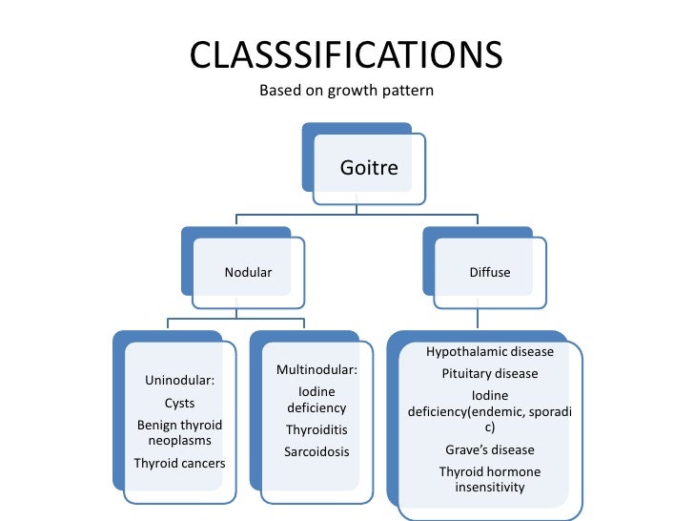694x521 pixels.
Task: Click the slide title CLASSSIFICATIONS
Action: coord(346,55)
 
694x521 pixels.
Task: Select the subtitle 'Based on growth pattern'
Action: coord(346,93)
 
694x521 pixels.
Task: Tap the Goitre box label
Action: coord(369,169)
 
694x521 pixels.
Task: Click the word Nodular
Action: coord(248,273)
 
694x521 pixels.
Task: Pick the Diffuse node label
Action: coord(490,273)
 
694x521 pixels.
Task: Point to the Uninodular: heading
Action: coord(179,382)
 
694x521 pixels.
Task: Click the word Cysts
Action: coord(179,404)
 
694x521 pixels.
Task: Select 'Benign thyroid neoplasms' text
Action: coord(179,433)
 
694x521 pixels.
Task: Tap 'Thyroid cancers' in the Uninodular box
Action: coord(179,464)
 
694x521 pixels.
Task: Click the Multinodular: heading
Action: coord(316,369)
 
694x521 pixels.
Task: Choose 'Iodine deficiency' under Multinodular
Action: coord(316,400)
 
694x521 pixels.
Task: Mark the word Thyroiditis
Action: coord(316,429)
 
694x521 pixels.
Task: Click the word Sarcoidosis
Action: coord(316,451)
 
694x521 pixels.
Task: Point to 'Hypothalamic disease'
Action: coord(490,352)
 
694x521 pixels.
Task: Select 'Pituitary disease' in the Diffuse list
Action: coord(490,374)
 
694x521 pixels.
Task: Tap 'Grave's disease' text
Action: coord(490,450)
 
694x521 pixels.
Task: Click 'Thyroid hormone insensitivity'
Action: coord(490,480)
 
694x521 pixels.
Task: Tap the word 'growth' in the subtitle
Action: coord(358,93)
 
